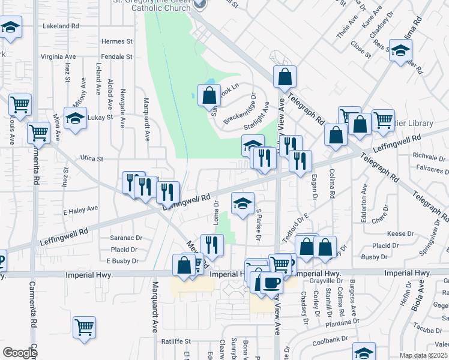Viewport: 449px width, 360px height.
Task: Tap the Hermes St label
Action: (x=117, y=41)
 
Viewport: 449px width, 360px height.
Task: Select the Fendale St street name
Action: (x=117, y=56)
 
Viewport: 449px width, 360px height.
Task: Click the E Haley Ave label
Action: (x=80, y=209)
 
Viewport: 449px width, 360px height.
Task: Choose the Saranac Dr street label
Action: (x=125, y=238)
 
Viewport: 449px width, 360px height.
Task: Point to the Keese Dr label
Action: (x=401, y=233)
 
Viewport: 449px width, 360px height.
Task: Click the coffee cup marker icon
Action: (x=271, y=283)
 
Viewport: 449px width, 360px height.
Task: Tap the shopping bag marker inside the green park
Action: (x=208, y=95)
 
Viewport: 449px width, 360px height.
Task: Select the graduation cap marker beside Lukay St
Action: (x=76, y=118)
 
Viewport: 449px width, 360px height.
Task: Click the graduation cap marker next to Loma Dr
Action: (x=243, y=204)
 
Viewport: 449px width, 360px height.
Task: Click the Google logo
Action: (x=20, y=353)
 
